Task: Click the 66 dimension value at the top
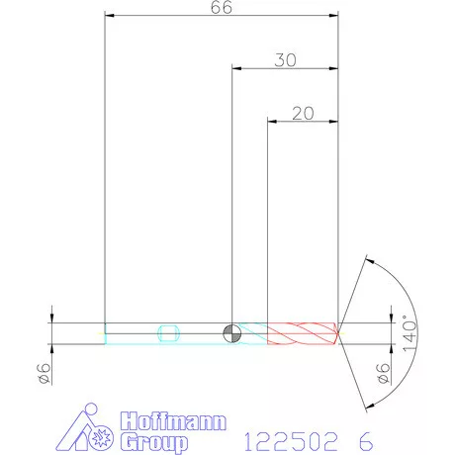[x=223, y=8]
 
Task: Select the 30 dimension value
[x=285, y=59]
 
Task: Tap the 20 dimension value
[x=304, y=113]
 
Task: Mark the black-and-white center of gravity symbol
[x=231, y=332]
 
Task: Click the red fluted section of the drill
[x=302, y=333]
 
